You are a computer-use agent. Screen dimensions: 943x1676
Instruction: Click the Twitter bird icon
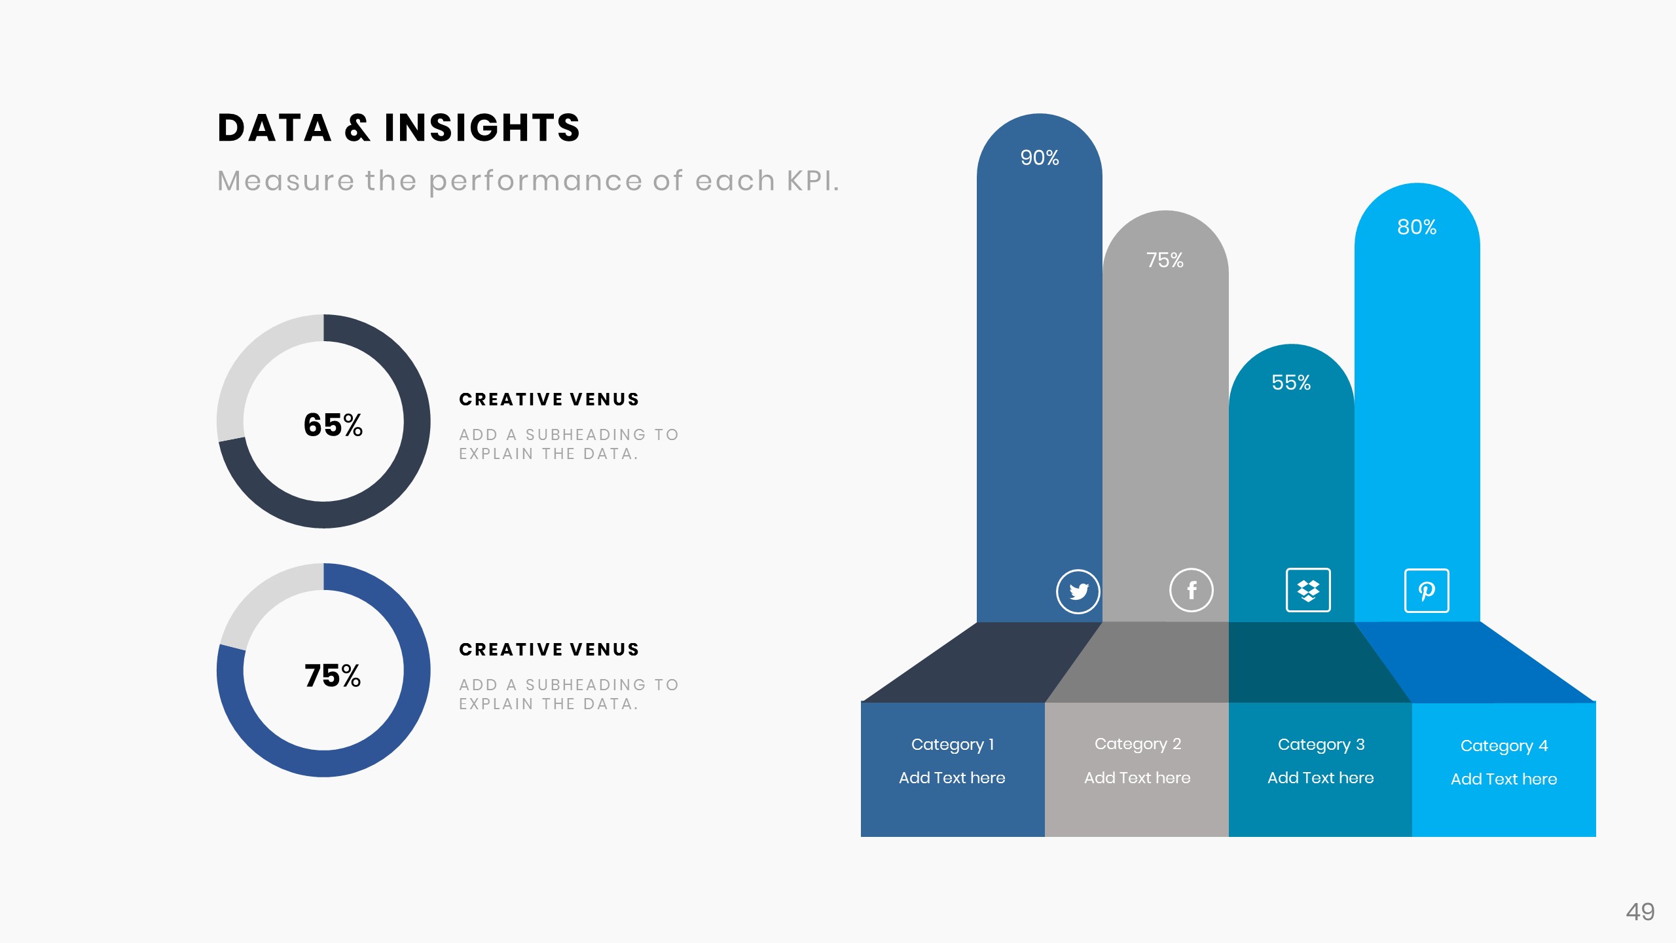[x=1078, y=591]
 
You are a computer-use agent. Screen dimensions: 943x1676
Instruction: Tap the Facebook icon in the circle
[x=1191, y=590]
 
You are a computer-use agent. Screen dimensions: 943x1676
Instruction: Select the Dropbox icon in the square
[x=1308, y=590]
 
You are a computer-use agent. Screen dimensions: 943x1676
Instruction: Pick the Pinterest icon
[x=1427, y=591]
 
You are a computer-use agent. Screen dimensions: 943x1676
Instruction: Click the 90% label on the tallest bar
[x=1039, y=158]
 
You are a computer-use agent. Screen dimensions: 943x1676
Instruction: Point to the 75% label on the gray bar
[x=1165, y=260]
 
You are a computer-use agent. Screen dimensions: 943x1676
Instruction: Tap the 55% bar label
[x=1290, y=382]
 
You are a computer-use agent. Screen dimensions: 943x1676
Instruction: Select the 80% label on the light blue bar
[x=1417, y=227]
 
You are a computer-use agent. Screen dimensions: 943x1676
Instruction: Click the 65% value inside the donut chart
[x=333, y=425]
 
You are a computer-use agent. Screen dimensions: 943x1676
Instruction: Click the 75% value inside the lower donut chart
[x=333, y=675]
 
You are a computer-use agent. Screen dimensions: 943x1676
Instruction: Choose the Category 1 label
[x=953, y=745]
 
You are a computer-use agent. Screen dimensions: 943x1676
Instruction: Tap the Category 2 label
[x=1137, y=744]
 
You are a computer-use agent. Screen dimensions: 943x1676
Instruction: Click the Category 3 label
[x=1321, y=745]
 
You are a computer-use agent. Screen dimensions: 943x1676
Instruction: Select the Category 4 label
[x=1504, y=746]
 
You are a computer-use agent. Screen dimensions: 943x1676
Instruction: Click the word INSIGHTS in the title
[x=482, y=128]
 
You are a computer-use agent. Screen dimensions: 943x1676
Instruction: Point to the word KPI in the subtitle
[x=812, y=181]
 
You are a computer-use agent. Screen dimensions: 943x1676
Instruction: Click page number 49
[x=1639, y=912]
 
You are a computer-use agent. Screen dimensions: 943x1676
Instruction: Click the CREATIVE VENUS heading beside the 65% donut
[x=549, y=399]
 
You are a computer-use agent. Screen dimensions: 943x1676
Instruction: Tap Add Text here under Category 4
[x=1504, y=779]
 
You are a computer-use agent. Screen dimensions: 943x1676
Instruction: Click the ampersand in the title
[x=357, y=128]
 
